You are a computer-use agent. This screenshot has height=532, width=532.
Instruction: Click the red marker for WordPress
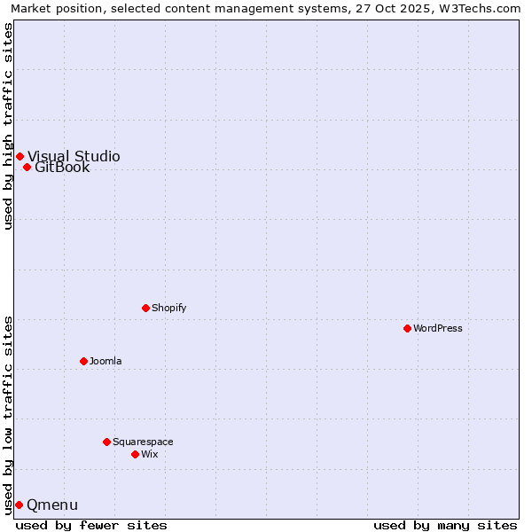(x=407, y=328)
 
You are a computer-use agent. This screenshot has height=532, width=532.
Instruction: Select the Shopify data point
(x=145, y=308)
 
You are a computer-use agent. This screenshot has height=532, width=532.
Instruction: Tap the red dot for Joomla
(x=83, y=361)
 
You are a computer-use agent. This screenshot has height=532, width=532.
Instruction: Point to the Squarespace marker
(x=106, y=442)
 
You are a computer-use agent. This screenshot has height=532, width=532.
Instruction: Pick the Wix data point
(x=135, y=454)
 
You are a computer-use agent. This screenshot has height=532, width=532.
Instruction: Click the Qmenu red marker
(x=19, y=505)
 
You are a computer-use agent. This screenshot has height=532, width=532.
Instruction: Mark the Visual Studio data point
(x=20, y=156)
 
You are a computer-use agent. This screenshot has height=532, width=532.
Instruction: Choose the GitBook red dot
(x=27, y=167)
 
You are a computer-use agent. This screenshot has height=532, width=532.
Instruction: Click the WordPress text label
(x=438, y=328)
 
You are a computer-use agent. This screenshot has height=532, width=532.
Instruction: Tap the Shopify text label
(x=169, y=308)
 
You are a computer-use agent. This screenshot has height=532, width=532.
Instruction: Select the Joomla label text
(x=106, y=361)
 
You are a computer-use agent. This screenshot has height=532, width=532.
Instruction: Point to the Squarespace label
(x=143, y=442)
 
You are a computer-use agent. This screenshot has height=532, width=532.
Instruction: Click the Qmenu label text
(x=52, y=505)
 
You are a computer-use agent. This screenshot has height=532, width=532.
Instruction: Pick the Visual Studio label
(x=74, y=156)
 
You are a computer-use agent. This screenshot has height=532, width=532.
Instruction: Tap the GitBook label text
(x=62, y=168)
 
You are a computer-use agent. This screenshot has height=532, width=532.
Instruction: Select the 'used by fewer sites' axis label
(x=91, y=525)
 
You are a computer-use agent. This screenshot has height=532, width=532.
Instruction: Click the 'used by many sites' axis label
(x=445, y=525)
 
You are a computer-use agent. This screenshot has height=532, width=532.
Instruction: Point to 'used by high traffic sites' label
(x=9, y=126)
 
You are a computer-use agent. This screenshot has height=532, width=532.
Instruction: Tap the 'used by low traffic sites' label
(x=9, y=414)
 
